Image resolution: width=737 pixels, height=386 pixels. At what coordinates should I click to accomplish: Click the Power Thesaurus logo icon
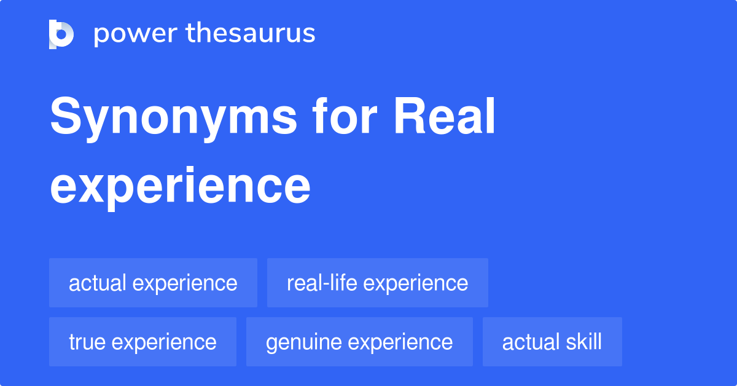pyautogui.click(x=61, y=34)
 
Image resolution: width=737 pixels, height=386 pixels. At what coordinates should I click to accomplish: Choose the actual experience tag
pyautogui.click(x=153, y=283)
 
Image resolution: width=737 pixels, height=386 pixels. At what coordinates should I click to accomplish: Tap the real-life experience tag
pyautogui.click(x=377, y=283)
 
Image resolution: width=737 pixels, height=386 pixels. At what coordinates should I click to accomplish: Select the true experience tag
pyautogui.click(x=142, y=342)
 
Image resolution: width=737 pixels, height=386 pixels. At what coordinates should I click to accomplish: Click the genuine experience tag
pyautogui.click(x=359, y=342)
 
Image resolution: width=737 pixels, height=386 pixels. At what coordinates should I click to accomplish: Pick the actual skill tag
pyautogui.click(x=552, y=342)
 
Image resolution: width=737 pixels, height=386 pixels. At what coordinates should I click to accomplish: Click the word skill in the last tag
pyautogui.click(x=584, y=342)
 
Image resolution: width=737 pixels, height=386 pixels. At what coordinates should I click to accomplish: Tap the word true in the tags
pyautogui.click(x=86, y=342)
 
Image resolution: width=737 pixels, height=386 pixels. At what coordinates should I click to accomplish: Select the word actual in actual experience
pyautogui.click(x=98, y=283)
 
